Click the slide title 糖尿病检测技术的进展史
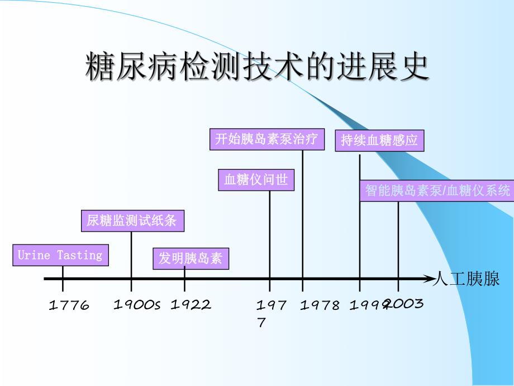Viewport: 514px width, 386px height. (257, 68)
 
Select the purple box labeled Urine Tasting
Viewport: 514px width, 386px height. (60, 256)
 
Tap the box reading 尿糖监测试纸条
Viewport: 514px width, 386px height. (132, 220)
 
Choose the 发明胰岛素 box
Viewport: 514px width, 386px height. (191, 258)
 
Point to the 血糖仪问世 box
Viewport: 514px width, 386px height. (256, 180)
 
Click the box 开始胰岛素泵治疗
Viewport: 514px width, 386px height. (267, 139)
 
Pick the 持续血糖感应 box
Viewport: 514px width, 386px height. (379, 140)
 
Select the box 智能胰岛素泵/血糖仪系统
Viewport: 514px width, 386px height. (437, 190)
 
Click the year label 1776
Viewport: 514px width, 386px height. (69, 305)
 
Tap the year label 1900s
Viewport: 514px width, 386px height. (137, 305)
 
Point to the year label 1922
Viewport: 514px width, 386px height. (191, 305)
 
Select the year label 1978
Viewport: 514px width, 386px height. (320, 305)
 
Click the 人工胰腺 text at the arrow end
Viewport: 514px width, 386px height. (467, 279)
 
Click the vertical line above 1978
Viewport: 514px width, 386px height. (303, 213)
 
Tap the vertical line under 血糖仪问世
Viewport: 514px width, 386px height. (270, 235)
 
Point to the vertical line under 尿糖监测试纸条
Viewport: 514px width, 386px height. (131, 255)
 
